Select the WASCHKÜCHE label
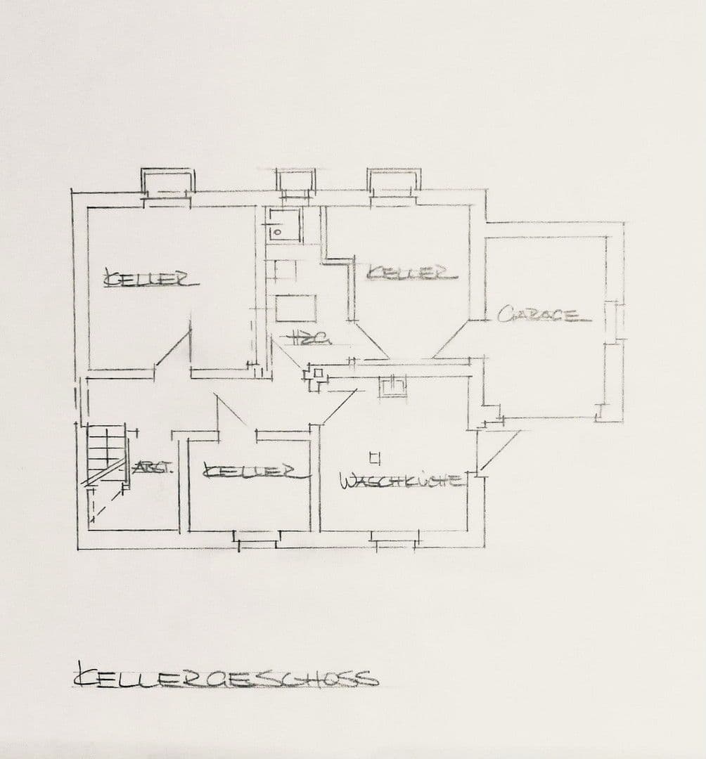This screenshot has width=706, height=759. [x=402, y=481]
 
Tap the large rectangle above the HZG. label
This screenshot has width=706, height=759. [x=295, y=309]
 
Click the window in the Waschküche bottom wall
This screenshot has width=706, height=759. [x=396, y=540]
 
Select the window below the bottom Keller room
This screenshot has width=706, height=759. [x=257, y=540]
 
